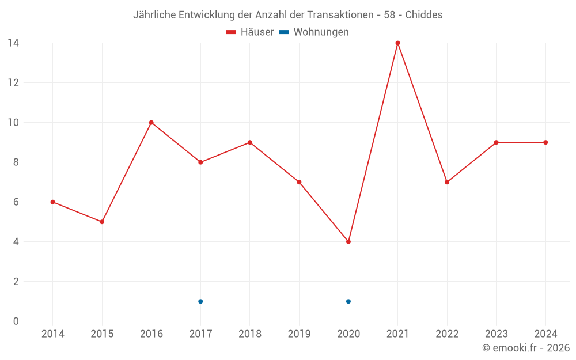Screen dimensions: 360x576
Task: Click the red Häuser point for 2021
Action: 397,43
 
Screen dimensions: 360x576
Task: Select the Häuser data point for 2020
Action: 348,242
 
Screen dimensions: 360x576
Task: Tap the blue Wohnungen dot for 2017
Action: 200,301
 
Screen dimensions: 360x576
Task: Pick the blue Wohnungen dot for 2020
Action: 348,301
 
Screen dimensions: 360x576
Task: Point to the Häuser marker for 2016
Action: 151,123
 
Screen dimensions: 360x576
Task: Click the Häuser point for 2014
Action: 52,202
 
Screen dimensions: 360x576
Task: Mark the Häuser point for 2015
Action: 102,222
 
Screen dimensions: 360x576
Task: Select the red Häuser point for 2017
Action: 200,162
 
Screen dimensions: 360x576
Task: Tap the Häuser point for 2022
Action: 447,182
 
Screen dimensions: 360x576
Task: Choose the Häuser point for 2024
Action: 545,142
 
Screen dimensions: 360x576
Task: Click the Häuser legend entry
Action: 250,32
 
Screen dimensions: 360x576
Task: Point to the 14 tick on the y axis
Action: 13,43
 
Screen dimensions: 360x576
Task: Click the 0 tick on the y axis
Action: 16,321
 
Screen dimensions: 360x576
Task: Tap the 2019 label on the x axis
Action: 299,334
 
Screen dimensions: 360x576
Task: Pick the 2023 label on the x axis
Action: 496,334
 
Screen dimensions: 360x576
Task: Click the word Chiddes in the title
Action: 424,15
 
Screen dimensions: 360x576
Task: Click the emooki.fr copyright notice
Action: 526,348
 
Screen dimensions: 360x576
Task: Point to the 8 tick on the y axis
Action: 16,162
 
